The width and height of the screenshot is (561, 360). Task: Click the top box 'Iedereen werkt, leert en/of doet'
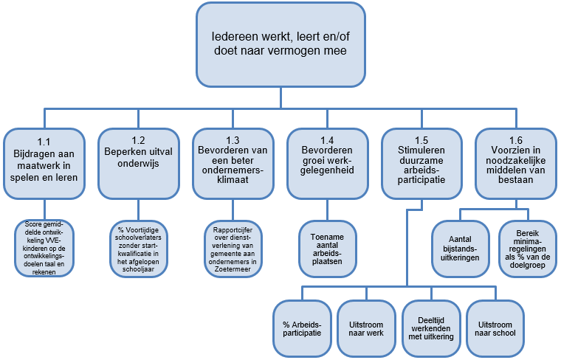coord(280,44)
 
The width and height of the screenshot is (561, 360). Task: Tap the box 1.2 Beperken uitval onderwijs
coord(140,163)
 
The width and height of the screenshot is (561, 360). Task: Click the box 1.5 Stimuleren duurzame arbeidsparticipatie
coord(421,163)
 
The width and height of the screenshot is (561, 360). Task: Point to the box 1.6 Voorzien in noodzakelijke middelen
coord(514,163)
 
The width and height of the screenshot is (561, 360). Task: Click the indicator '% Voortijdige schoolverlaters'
coord(140,245)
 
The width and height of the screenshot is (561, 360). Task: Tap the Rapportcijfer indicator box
coord(233,245)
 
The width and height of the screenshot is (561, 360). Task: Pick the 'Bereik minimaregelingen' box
coord(527,248)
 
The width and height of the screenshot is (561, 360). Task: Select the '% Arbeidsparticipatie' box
coord(301,328)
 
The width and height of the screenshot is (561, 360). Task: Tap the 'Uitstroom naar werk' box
coord(366,328)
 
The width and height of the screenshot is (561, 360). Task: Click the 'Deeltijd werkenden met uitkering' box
coord(430,328)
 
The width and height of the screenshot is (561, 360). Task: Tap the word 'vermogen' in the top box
coord(292,51)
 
